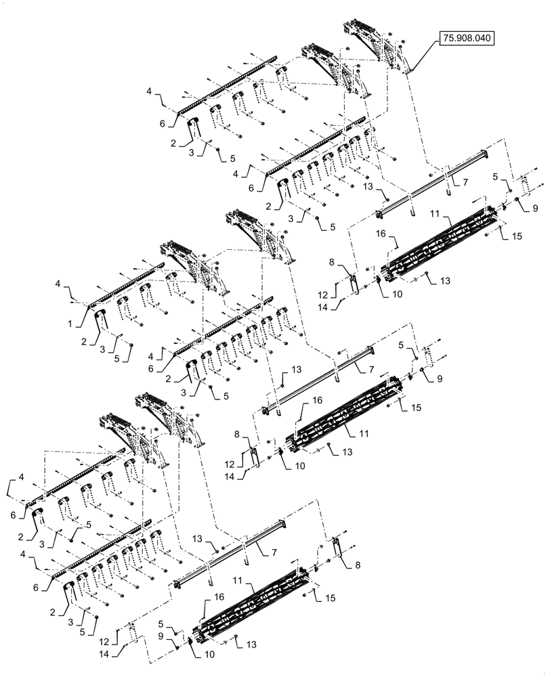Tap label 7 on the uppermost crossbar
tap(466, 183)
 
